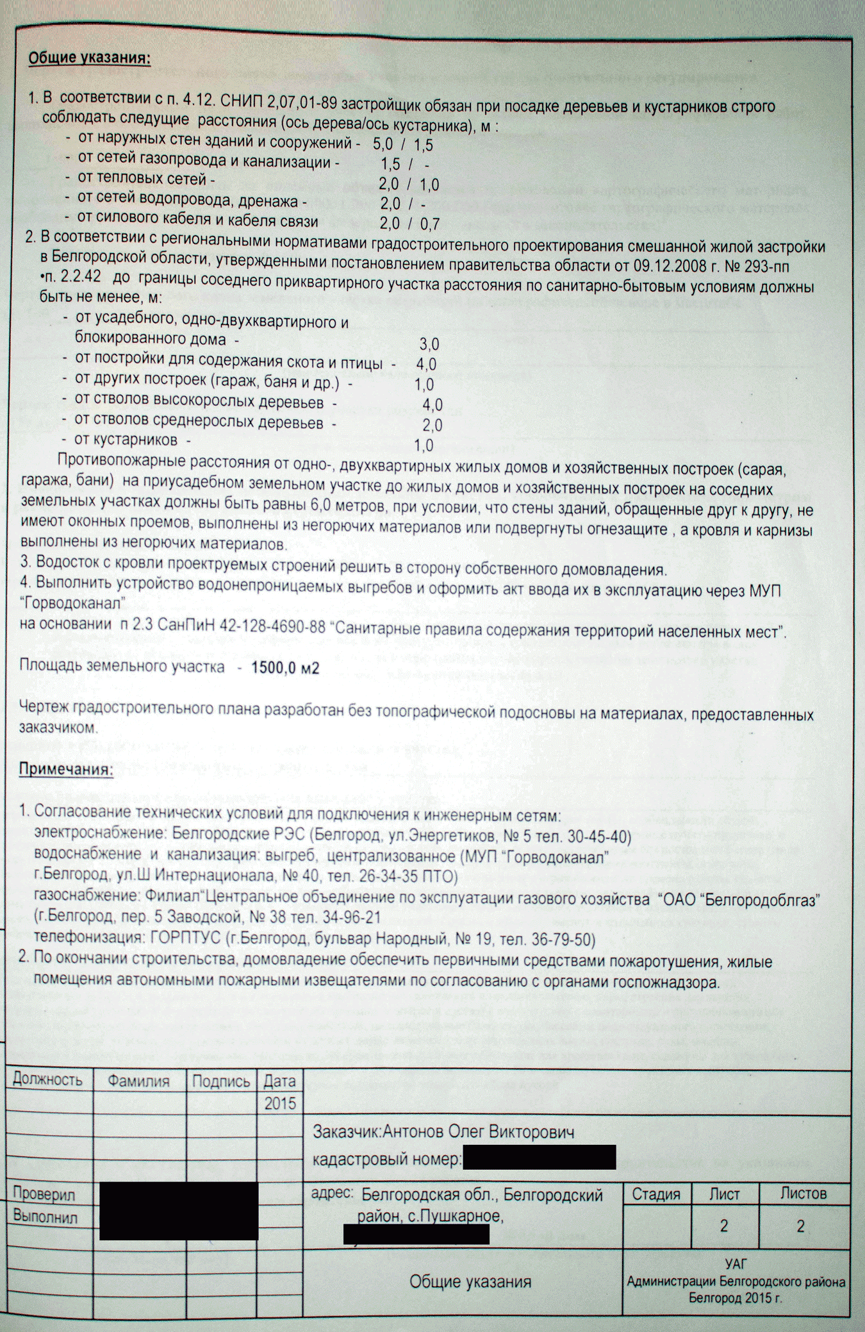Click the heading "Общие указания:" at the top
[89, 59]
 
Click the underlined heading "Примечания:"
[66, 769]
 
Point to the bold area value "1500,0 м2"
[284, 667]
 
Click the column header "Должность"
[47, 1080]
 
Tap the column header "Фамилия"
[138, 1081]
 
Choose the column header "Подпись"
[221, 1081]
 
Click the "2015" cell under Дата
[280, 1103]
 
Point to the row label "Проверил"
[44, 1194]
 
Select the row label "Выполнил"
[45, 1216]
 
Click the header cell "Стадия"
[656, 1194]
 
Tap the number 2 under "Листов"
[800, 1226]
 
